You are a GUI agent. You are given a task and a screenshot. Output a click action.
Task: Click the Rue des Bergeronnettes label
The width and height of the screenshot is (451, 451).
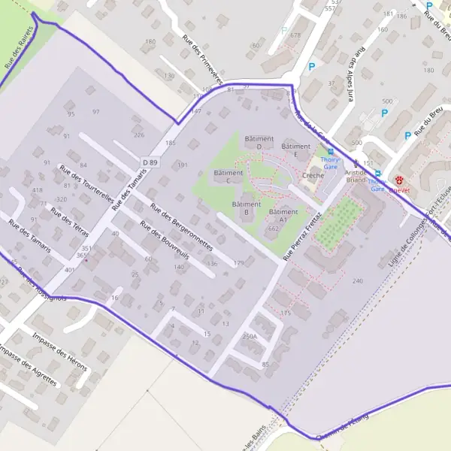click(181, 227)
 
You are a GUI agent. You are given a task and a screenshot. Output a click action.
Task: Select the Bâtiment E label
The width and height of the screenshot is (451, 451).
click(295, 150)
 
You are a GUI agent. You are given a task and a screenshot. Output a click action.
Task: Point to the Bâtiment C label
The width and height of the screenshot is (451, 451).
click(228, 177)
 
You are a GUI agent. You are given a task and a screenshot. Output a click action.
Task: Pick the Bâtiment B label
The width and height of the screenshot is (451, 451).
click(246, 208)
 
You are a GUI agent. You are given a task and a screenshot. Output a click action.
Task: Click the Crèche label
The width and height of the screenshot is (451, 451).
click(313, 176)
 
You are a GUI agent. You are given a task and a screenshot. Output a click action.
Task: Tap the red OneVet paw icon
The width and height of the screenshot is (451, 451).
click(400, 180)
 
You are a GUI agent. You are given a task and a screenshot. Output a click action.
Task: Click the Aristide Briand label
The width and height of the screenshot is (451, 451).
click(356, 176)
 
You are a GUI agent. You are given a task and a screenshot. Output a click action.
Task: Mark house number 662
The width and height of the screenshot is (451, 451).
click(273, 228)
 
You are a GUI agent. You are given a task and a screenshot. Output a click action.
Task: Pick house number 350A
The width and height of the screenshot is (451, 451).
click(250, 337)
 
